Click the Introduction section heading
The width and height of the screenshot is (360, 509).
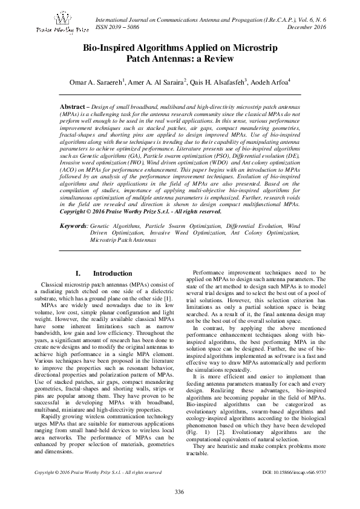pyautogui.click(x=110, y=274)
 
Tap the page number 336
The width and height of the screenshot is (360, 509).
pyautogui.click(x=180, y=490)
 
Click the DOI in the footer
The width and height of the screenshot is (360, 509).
pyautogui.click(x=293, y=472)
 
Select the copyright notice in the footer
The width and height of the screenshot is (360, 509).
pyautogui.click(x=98, y=472)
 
